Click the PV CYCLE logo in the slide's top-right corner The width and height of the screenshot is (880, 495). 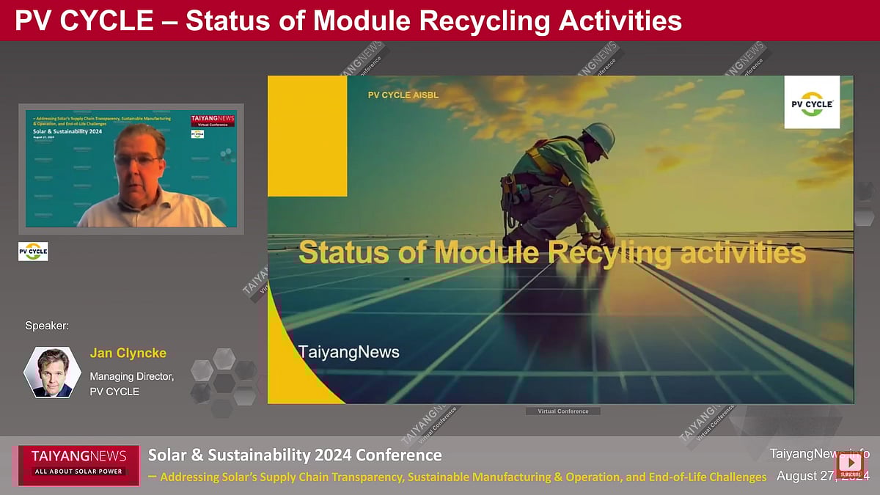tap(812, 103)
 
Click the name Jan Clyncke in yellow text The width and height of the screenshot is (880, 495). tap(128, 353)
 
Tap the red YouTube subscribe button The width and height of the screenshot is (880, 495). tap(851, 464)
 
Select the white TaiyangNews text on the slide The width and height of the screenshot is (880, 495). tap(349, 352)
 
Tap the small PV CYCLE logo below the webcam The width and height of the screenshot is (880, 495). tap(33, 252)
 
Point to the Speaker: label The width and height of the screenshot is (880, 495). tap(47, 326)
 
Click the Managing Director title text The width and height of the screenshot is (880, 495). tap(131, 376)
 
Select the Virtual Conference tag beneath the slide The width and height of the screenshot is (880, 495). tap(562, 411)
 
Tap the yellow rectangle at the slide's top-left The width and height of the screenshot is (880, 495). tap(307, 136)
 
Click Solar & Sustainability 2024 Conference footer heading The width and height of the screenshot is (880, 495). tap(295, 455)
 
